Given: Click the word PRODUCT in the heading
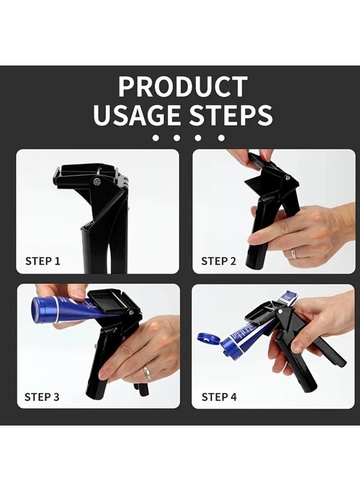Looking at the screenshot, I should pyautogui.click(x=183, y=87).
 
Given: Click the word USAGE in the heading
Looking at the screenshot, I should pyautogui.click(x=137, y=116).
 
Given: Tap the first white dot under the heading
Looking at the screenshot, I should pyautogui.click(x=155, y=139).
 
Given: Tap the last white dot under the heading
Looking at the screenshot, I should pyautogui.click(x=221, y=139).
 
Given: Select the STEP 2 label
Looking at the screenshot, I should pyautogui.click(x=219, y=261).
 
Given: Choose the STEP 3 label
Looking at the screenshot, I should pyautogui.click(x=42, y=397).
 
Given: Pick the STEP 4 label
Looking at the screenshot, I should pyautogui.click(x=219, y=397).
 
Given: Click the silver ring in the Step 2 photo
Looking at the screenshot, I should pyautogui.click(x=293, y=254).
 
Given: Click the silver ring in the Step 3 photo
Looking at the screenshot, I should pyautogui.click(x=147, y=373).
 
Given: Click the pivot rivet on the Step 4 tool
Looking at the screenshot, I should pyautogui.click(x=280, y=312).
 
